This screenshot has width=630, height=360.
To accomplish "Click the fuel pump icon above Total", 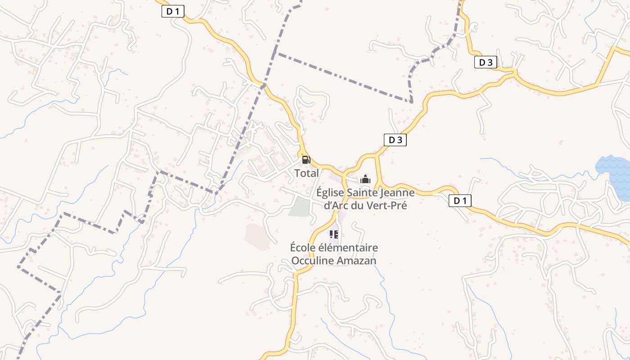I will point(306,160).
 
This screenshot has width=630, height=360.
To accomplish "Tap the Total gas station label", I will point(306,173).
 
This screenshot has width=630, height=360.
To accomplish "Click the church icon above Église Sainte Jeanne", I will point(365,180).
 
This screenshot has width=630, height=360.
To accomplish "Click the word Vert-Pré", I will point(388,206).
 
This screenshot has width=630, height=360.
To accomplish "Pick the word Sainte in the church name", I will point(360,193).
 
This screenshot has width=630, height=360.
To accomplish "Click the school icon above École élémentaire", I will point(333,234).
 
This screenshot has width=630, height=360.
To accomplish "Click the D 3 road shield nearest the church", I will point(395,140).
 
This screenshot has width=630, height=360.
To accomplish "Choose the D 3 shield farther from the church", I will point(486,63).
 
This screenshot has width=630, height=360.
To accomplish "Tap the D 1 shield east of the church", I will point(460,201).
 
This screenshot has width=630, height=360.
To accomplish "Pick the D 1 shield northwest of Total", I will point(173,11).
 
